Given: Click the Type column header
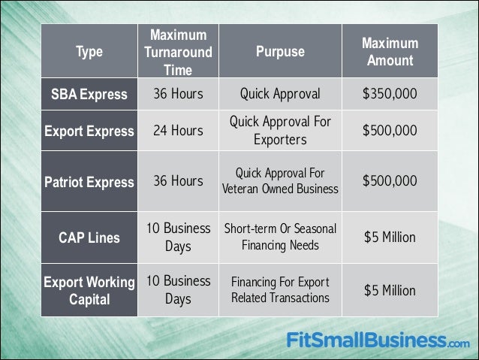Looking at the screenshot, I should point(88,52).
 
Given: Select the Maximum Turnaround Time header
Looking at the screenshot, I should point(178,52).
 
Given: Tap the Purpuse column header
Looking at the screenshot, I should point(280,52).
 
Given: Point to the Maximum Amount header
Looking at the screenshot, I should point(390,52).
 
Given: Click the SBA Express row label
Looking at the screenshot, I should point(88,94).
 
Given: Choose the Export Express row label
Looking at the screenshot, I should point(88,131).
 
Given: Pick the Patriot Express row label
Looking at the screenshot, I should point(88,182).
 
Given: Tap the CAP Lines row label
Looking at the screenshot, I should point(88,237).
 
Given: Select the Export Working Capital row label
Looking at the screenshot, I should point(88,291).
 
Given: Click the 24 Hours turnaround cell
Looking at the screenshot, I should point(178,131).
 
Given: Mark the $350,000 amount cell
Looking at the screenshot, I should point(390,94).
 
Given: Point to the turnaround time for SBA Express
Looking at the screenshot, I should point(178,94).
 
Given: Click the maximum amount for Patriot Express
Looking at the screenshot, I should point(390,182).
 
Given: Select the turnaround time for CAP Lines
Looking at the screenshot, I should point(178,237).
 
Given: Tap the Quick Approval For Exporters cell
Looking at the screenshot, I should point(280,131).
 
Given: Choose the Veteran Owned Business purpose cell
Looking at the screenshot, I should point(280,182).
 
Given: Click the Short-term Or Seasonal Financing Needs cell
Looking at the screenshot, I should point(280,237).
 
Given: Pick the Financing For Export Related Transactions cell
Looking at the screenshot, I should point(280,291).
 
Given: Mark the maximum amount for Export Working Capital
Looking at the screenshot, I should point(390,291).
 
